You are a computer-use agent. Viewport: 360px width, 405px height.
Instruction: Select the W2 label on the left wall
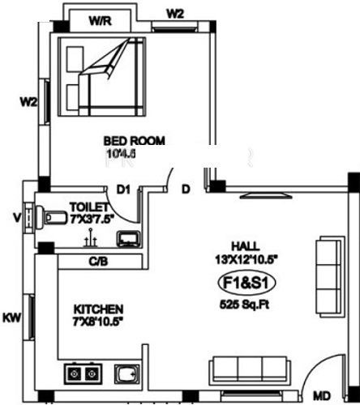click(x=29, y=102)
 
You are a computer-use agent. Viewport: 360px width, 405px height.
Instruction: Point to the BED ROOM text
click(x=135, y=141)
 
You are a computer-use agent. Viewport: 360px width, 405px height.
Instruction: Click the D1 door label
click(x=123, y=190)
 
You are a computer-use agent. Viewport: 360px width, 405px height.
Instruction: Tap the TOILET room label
click(x=85, y=207)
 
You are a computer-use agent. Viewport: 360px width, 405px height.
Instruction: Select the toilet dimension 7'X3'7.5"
click(x=91, y=217)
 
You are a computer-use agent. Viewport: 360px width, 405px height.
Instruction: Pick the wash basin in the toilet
click(x=127, y=240)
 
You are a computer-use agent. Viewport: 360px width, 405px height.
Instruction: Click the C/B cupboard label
click(x=98, y=261)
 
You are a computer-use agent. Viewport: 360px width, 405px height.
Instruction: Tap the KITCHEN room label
click(x=98, y=309)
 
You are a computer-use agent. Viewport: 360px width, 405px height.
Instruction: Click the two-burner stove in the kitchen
click(x=83, y=373)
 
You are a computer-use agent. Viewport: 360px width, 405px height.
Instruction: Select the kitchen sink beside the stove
click(x=126, y=375)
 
